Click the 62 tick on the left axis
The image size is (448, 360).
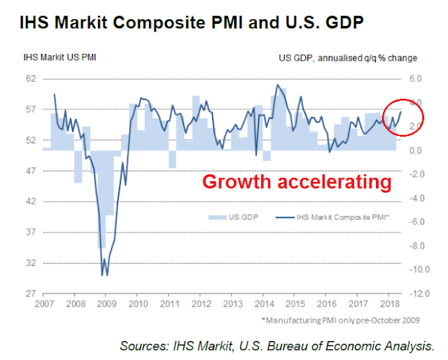pos(31,78)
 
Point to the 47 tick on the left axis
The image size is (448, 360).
pos(31,171)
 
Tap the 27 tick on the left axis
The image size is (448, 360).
pos(31,294)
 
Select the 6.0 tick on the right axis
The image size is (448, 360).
pos(416,78)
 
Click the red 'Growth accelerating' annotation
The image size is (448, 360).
pos(296,182)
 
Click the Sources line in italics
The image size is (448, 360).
pos(277,345)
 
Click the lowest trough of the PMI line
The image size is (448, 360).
pos(103,275)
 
